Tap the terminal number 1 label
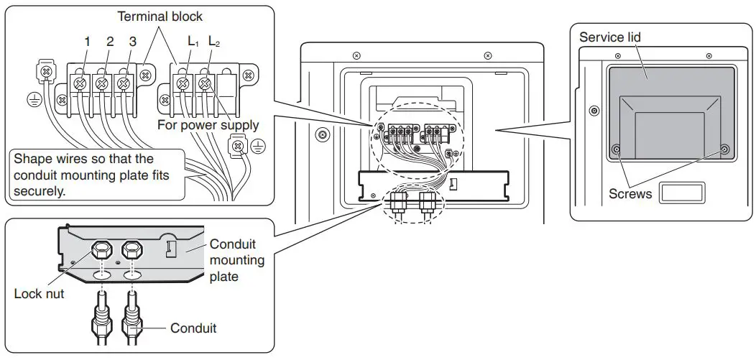87,42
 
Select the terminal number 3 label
132,42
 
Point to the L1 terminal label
193,42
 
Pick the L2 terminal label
214,42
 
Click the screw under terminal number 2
102,84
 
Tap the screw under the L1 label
183,84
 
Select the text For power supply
208,125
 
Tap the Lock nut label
39,294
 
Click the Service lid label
610,37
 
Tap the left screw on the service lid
616,149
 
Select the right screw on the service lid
724,149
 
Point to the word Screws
630,194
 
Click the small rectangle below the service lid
682,193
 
